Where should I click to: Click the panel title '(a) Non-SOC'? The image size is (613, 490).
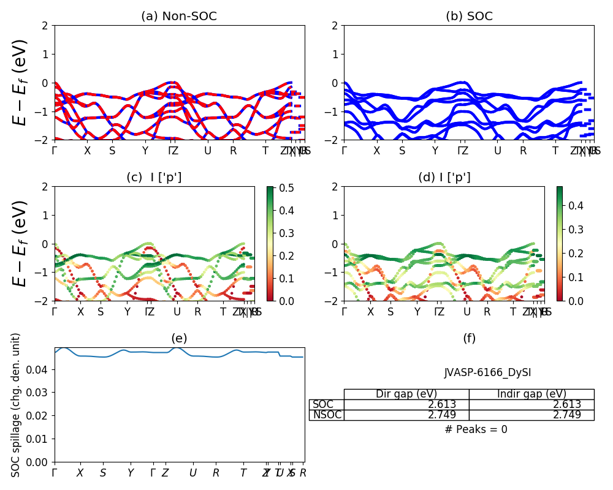[179, 17]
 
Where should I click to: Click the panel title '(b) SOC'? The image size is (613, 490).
[469, 17]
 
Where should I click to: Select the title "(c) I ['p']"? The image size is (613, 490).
[154, 178]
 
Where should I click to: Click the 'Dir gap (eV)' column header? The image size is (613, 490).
[406, 394]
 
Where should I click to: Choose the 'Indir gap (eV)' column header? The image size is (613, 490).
[531, 394]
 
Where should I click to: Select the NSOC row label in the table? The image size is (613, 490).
[327, 415]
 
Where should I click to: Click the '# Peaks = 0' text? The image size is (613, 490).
[476, 429]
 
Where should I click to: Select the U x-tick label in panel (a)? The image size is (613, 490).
[208, 151]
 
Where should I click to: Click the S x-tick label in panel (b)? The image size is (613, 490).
[402, 151]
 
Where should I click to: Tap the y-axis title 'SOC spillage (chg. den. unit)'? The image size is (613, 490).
[17, 405]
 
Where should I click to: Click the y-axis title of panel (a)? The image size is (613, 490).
[21, 83]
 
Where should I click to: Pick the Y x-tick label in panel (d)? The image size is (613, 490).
[417, 312]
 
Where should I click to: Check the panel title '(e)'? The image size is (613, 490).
[179, 339]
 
